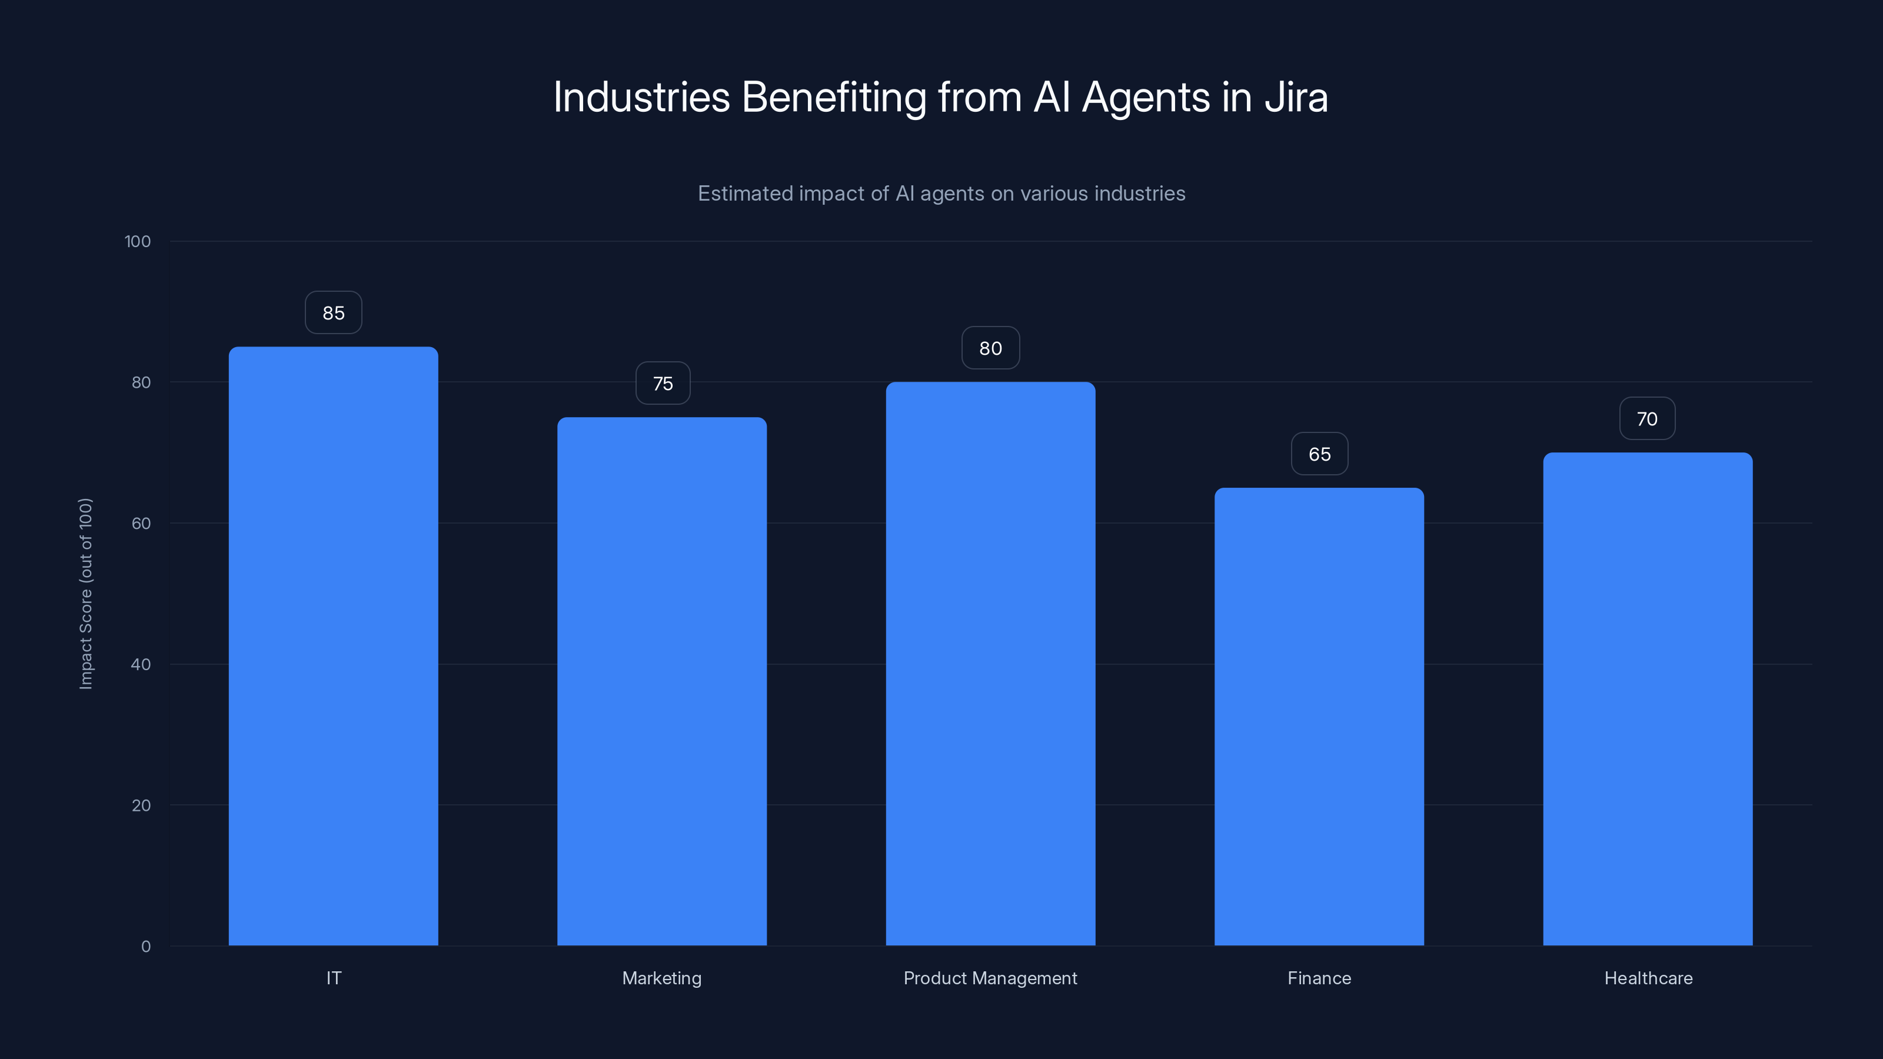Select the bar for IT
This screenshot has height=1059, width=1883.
[x=333, y=646]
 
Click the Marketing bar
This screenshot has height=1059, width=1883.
[x=661, y=681]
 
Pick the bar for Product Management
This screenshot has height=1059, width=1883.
[x=990, y=664]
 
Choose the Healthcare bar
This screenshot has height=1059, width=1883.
[x=1648, y=699]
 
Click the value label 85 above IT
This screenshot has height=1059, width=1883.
[x=333, y=313]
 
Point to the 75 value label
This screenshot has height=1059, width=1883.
[x=662, y=384]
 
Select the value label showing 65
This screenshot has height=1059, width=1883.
[x=1319, y=454]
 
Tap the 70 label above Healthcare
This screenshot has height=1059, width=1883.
[x=1647, y=419]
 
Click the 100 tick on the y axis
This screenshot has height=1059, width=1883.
[x=138, y=241]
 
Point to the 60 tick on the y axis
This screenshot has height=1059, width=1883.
[x=141, y=523]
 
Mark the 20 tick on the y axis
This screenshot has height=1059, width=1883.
[x=141, y=805]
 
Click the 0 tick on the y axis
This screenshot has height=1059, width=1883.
[x=145, y=947]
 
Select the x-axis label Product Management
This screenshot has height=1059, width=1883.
[x=990, y=978]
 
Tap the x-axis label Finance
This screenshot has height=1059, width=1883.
[x=1319, y=978]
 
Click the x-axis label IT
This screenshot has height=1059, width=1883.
[x=333, y=978]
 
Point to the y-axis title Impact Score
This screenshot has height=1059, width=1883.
[x=85, y=594]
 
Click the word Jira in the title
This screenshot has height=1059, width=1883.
[x=1295, y=97]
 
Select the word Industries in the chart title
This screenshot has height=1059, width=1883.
[x=641, y=97]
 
